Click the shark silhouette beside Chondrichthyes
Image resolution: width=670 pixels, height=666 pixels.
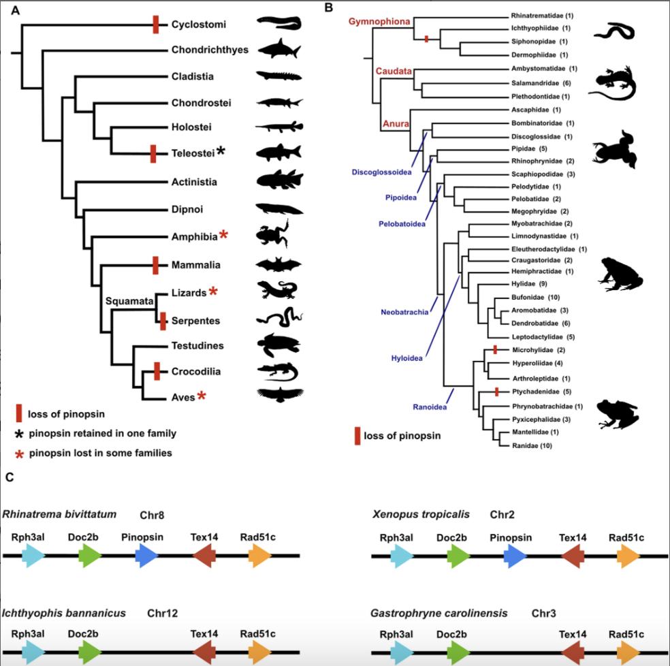(279, 49)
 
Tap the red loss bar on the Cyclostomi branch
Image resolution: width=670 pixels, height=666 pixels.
(156, 25)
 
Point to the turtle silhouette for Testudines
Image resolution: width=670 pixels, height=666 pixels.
(279, 345)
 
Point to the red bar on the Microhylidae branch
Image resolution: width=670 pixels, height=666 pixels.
(496, 349)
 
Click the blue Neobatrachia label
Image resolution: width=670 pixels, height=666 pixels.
(404, 312)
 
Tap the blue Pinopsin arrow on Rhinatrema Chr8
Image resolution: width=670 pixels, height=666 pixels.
(147, 556)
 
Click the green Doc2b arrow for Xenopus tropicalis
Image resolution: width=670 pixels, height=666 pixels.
(458, 556)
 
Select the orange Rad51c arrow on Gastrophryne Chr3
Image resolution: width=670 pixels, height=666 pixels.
(628, 652)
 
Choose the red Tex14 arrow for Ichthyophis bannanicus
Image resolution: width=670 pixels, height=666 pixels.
(204, 652)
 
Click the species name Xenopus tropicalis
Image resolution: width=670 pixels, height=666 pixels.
(418, 513)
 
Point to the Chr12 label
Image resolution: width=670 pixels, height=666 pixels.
(163, 613)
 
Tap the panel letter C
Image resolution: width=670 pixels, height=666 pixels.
(9, 477)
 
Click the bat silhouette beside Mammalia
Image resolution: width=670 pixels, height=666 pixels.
(278, 265)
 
